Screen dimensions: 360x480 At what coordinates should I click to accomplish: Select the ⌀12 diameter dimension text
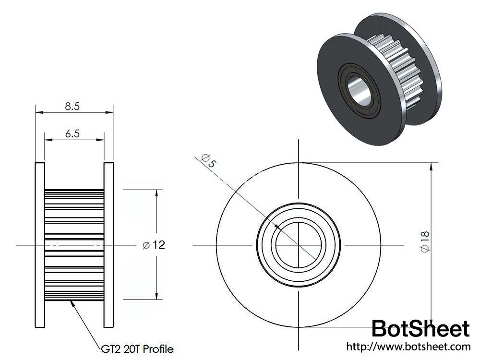pyautogui.click(x=154, y=245)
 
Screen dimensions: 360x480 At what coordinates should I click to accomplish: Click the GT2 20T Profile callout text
pyautogui.click(x=137, y=348)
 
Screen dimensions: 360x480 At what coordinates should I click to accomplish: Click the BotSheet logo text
pyautogui.click(x=420, y=329)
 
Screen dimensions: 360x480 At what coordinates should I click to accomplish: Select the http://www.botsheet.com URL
pyautogui.click(x=408, y=346)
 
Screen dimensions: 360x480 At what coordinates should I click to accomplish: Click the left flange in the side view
pyautogui.click(x=40, y=245)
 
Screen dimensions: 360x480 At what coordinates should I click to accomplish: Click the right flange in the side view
pyautogui.click(x=108, y=245)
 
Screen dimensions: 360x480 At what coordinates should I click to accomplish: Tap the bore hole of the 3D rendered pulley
pyautogui.click(x=361, y=90)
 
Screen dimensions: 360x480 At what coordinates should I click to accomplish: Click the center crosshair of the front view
pyautogui.click(x=299, y=245)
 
